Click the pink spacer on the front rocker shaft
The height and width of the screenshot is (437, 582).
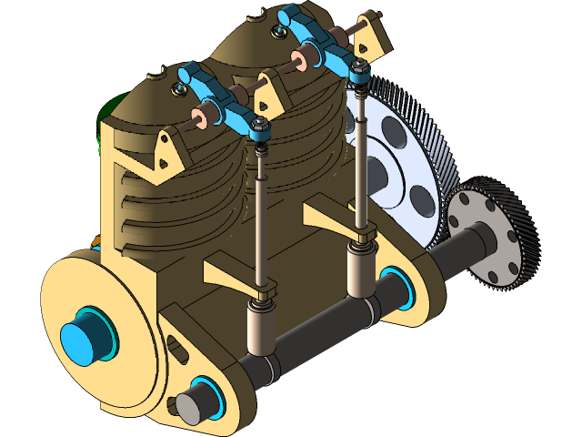[x=208, y=113]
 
